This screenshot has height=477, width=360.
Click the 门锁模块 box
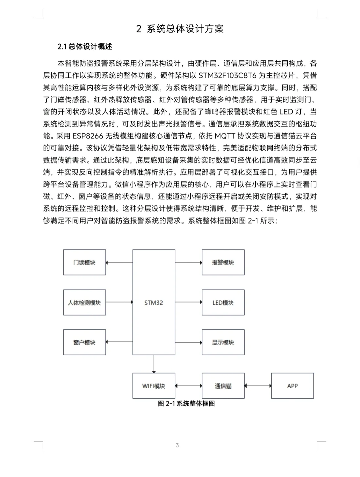click(84, 263)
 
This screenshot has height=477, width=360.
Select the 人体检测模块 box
click(84, 303)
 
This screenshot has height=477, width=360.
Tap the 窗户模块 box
click(84, 342)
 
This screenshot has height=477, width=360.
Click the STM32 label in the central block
click(154, 303)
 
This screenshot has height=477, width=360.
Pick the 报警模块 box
click(223, 263)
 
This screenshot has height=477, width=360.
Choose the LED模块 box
click(223, 303)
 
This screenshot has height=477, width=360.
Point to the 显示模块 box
click(223, 342)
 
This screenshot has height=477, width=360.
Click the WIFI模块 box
click(154, 386)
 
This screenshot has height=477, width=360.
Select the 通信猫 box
click(223, 386)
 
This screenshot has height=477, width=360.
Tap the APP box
click(292, 386)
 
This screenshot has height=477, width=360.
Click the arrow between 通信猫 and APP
click(258, 386)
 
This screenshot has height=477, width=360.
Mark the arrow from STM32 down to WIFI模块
click(154, 364)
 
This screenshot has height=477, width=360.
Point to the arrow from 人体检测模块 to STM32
click(119, 302)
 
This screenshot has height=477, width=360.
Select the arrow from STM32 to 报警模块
click(188, 263)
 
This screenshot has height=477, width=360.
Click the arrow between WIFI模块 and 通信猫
click(188, 386)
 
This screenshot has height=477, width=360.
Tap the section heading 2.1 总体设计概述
click(85, 47)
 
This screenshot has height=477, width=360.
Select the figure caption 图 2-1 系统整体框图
click(186, 404)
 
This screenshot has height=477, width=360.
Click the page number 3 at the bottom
click(177, 445)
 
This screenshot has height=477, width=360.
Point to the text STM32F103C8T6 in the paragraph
click(227, 75)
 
